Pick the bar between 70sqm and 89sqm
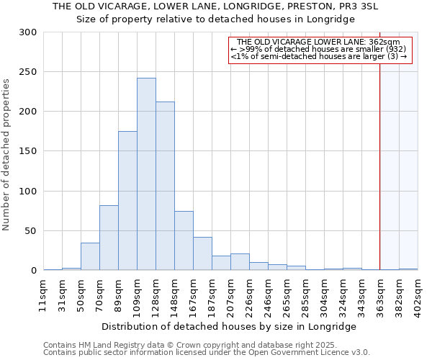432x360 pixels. coord(109,238)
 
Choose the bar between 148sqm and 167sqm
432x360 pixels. coord(184,240)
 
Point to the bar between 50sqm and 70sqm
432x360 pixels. coord(90,256)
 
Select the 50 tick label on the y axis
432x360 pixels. coord(31,231)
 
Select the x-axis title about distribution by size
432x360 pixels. coord(230,326)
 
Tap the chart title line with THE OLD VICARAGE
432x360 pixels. coord(215,7)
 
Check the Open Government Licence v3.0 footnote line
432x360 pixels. coord(207,352)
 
